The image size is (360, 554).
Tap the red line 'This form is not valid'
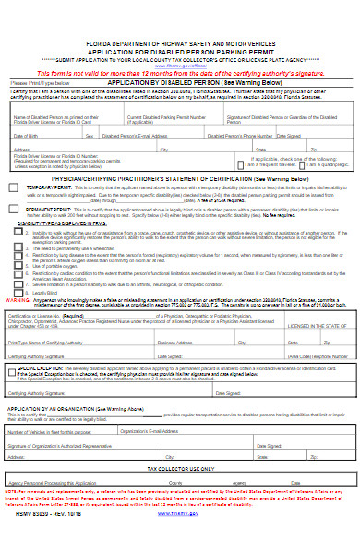[180, 72]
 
